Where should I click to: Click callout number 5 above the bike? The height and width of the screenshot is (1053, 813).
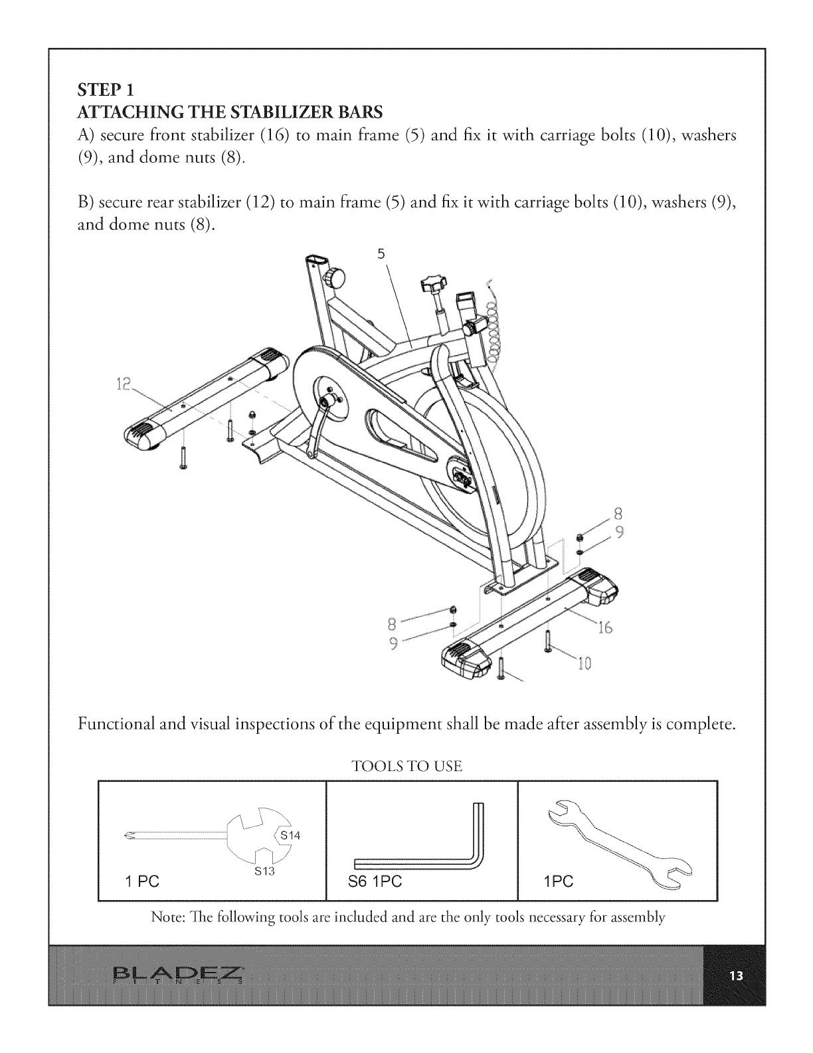(x=381, y=254)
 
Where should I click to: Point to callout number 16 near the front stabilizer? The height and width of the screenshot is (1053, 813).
(x=604, y=628)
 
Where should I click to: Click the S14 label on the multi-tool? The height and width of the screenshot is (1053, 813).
(x=290, y=836)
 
